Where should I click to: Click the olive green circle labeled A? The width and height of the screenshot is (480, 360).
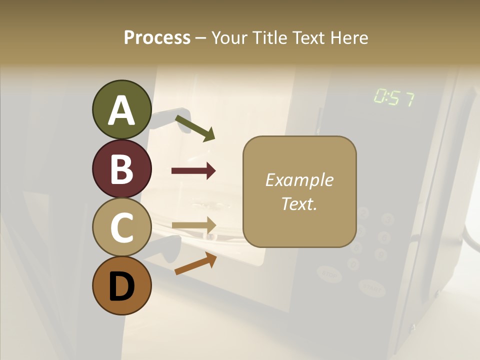tap(121, 109)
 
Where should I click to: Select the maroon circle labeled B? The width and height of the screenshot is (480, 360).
tap(121, 168)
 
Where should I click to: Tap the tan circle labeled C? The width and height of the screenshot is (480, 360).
tap(121, 227)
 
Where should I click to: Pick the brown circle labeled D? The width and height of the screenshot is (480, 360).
tap(121, 286)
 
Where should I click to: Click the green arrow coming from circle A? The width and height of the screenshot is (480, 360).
tap(195, 127)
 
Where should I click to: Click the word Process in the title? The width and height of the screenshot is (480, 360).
tap(157, 37)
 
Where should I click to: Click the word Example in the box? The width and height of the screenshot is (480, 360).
tap(299, 180)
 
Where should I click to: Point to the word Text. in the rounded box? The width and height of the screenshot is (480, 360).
tap(299, 203)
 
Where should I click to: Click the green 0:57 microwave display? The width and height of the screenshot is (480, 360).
tap(393, 98)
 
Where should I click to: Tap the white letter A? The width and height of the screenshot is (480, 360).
tap(121, 110)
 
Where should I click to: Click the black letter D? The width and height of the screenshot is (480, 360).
tap(121, 286)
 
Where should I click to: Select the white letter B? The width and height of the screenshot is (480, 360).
tap(121, 169)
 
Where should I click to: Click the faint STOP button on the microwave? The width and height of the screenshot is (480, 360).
tap(329, 273)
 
